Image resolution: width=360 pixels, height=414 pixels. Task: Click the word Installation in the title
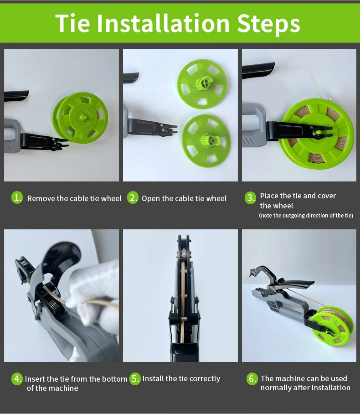click(163, 23)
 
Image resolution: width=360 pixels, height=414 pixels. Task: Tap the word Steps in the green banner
click(268, 24)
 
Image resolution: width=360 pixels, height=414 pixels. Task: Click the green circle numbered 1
click(17, 198)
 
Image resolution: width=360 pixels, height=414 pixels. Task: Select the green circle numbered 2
click(133, 198)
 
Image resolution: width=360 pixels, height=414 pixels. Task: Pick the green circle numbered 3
click(250, 198)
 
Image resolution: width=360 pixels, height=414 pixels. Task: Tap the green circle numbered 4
click(17, 379)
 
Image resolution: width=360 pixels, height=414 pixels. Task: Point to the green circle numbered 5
click(135, 379)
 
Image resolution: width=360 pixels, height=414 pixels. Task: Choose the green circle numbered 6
click(252, 379)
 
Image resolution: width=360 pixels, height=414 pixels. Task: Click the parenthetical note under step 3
click(306, 216)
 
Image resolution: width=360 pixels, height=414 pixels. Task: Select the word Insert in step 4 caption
click(35, 379)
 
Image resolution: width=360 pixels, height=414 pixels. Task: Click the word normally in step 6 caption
click(276, 388)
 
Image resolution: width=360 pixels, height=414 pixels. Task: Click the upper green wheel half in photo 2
click(202, 84)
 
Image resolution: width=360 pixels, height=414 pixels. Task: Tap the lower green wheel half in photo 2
click(206, 141)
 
